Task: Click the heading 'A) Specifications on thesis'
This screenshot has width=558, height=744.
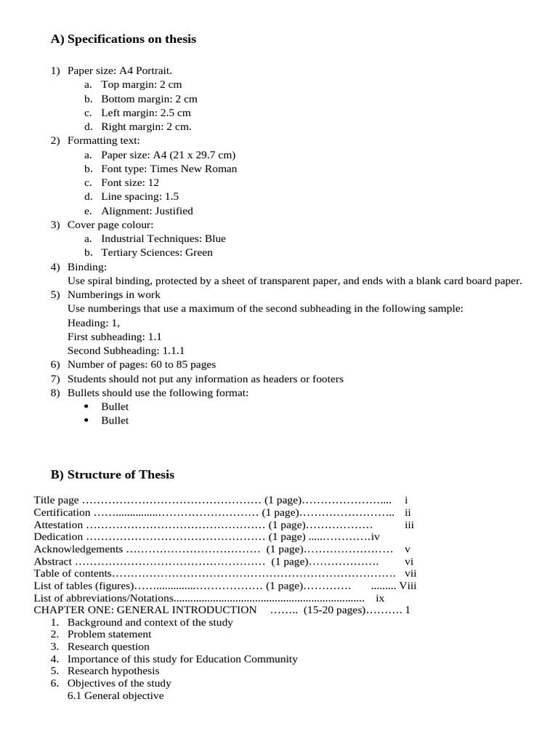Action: click(123, 39)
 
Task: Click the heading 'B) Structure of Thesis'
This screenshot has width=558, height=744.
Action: click(112, 474)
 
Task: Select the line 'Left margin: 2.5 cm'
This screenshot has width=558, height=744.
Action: click(145, 113)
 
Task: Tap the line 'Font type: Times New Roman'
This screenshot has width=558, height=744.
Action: click(169, 169)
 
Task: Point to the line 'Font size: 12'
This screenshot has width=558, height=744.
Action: click(129, 183)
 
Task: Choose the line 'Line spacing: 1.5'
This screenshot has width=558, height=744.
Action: click(139, 197)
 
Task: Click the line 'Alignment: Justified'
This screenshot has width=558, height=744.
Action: click(147, 211)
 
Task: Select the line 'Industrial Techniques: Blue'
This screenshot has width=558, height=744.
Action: click(163, 238)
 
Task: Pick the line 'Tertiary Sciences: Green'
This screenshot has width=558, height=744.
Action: click(157, 253)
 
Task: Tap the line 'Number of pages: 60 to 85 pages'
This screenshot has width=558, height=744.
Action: click(141, 365)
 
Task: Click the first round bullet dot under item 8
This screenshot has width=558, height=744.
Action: click(86, 407)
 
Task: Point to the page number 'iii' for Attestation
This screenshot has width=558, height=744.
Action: click(409, 525)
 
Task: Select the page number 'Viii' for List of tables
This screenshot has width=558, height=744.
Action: click(408, 586)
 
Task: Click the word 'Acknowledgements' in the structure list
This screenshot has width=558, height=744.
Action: click(78, 549)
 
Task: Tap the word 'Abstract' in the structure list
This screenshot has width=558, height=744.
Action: click(53, 562)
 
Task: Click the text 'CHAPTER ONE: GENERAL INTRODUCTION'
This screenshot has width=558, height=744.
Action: click(145, 610)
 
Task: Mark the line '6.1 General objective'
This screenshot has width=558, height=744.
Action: click(116, 695)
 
